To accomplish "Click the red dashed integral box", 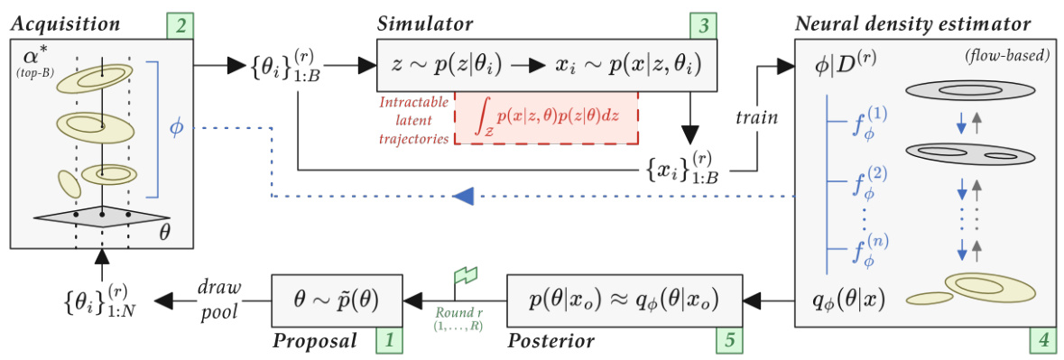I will [546, 117].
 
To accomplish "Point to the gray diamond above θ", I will [102, 217].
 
